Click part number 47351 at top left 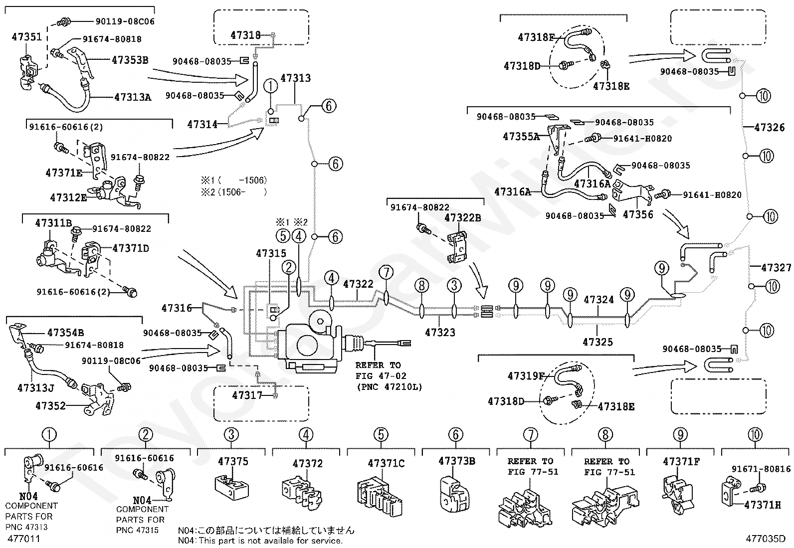click(27, 36)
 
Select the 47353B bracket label click(130, 60)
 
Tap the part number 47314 click(202, 124)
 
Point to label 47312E click(69, 197)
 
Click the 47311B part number click(53, 222)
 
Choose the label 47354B click(65, 332)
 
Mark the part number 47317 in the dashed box click(247, 395)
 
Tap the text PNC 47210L click(389, 386)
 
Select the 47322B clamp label click(462, 217)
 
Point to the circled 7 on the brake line click(386, 272)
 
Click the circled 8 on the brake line click(421, 285)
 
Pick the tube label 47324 click(598, 300)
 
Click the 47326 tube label click(770, 128)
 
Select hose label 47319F click(526, 376)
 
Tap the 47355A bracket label click(521, 136)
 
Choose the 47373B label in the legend click(456, 461)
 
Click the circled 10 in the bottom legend click(756, 435)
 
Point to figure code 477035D click(766, 539)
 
